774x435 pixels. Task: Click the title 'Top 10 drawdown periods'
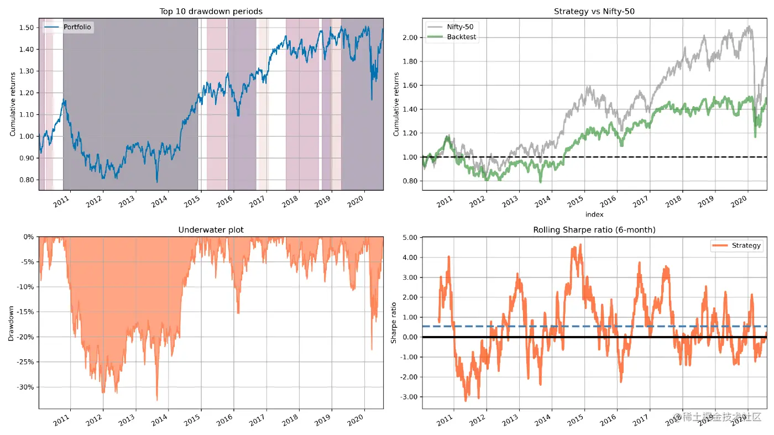(211, 11)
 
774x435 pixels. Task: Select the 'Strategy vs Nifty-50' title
(594, 11)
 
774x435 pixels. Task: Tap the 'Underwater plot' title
(211, 229)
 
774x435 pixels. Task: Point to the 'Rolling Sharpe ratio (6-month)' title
(594, 229)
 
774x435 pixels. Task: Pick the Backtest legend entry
(461, 37)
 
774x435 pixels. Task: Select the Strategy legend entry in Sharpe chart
(746, 245)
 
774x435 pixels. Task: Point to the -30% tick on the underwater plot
(26, 387)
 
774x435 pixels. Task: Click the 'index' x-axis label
(594, 214)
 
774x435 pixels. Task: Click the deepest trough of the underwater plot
(156, 400)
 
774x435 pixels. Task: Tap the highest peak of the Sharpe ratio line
(580, 244)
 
